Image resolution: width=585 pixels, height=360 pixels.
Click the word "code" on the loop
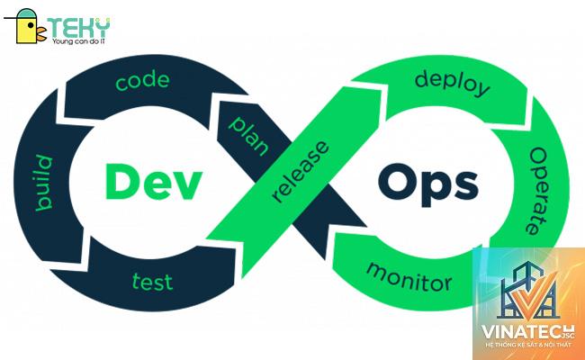point(142,81)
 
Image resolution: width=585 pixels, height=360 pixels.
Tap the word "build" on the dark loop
point(44,183)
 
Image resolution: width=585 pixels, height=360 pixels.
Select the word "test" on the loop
point(153,282)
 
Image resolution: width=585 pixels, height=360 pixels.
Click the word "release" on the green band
point(301,172)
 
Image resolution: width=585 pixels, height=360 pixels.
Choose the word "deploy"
point(452,84)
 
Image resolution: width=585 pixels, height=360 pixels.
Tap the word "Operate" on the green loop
point(537,190)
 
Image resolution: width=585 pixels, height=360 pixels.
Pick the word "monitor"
point(409,277)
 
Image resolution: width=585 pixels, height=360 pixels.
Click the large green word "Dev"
point(153,183)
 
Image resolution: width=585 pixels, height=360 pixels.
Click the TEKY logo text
point(78,27)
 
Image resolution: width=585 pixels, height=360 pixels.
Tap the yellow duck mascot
point(27,26)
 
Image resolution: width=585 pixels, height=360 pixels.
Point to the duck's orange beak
point(41,34)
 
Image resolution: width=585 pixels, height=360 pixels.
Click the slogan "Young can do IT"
point(78,41)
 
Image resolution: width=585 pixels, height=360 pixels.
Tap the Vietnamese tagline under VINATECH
point(528,345)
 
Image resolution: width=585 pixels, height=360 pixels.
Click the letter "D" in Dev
point(121,182)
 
